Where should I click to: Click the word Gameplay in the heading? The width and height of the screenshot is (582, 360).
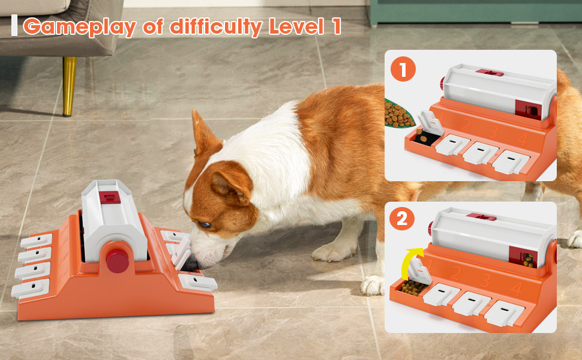point(79,27)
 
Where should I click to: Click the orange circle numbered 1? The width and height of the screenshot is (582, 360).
point(403,69)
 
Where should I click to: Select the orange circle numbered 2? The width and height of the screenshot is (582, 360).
point(402,218)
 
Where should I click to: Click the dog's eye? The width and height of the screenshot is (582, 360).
point(205,224)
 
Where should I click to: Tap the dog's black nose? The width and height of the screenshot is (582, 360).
point(192,263)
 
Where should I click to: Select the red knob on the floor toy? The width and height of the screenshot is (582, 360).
point(118,260)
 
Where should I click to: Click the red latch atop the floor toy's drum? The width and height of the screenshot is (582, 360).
point(110,197)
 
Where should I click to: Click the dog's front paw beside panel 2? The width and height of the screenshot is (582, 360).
point(372,286)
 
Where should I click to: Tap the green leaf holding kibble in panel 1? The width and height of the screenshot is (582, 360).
point(398,114)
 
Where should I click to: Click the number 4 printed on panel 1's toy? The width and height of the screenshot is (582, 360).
point(521,140)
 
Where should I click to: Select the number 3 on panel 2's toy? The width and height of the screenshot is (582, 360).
point(485,280)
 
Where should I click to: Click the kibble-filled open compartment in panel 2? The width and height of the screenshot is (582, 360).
point(412,287)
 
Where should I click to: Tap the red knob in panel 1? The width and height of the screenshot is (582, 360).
point(442,83)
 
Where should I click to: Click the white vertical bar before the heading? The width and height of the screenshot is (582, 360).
point(14,25)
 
